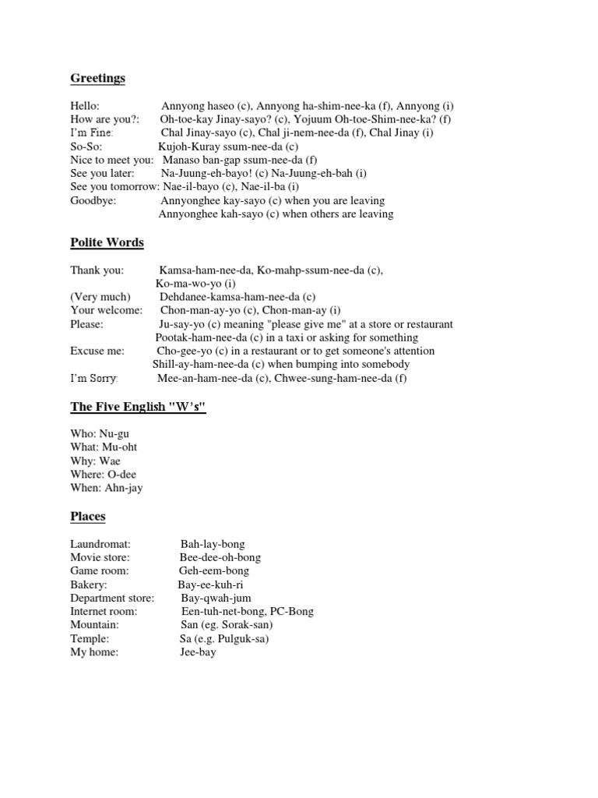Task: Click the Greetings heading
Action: [x=97, y=78]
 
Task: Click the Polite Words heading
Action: [x=107, y=242]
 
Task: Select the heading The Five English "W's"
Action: [x=138, y=407]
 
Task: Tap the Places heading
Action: [x=88, y=516]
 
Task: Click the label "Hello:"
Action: [x=85, y=106]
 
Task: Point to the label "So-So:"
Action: [x=86, y=146]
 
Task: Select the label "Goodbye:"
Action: [x=93, y=199]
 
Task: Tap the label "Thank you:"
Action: [x=97, y=270]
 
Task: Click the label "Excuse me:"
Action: [x=97, y=351]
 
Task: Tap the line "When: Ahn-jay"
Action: [x=106, y=488]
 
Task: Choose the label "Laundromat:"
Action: [x=100, y=544]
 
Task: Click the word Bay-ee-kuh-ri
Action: [x=210, y=584]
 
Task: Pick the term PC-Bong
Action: [x=292, y=611]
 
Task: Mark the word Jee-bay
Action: [x=198, y=651]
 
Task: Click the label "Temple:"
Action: [x=90, y=638]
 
